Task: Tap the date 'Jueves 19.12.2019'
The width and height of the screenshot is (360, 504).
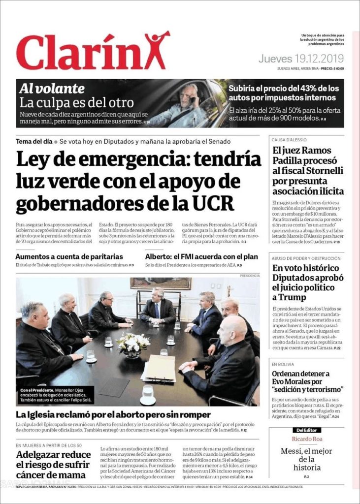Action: (x=300, y=59)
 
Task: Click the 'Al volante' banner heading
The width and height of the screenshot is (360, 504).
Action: (x=52, y=89)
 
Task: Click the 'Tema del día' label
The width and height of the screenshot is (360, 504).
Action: (x=34, y=141)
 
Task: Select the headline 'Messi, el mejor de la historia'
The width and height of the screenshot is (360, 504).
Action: (x=306, y=459)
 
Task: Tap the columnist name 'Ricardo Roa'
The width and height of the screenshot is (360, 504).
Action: (x=306, y=439)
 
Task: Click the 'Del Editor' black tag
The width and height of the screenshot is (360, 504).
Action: (x=306, y=430)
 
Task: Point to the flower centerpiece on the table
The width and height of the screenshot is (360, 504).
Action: (x=132, y=341)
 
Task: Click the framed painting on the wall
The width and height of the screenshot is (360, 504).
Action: (x=161, y=283)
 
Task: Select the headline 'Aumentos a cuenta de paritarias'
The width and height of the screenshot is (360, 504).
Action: (x=69, y=256)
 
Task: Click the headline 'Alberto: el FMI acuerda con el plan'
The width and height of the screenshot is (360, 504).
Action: (x=201, y=256)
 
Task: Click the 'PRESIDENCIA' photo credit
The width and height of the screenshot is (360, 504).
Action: (x=250, y=276)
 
